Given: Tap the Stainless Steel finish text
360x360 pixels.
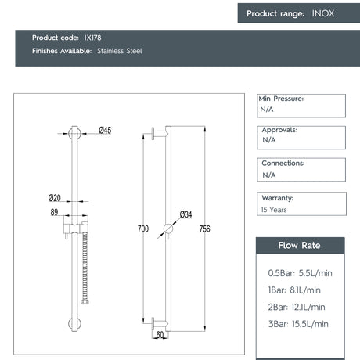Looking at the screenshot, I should (x=120, y=51).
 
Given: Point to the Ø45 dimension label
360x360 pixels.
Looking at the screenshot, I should (x=105, y=131).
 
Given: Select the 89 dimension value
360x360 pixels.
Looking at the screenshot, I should (x=53, y=211).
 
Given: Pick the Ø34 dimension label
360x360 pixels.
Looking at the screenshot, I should (x=185, y=214).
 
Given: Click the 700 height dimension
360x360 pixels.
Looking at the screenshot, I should (x=142, y=229).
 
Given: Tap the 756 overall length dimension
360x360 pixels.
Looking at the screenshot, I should (x=207, y=229).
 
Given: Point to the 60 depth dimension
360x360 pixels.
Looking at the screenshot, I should (x=160, y=335).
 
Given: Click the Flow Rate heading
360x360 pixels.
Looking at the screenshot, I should (x=300, y=245).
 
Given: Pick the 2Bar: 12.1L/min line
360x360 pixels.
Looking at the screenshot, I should (x=297, y=307).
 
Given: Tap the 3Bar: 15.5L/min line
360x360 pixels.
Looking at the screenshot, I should (x=298, y=324).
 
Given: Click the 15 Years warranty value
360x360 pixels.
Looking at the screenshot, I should (x=275, y=210).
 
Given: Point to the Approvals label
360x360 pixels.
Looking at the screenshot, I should (x=279, y=130).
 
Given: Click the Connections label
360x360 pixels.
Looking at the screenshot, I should (x=283, y=163).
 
